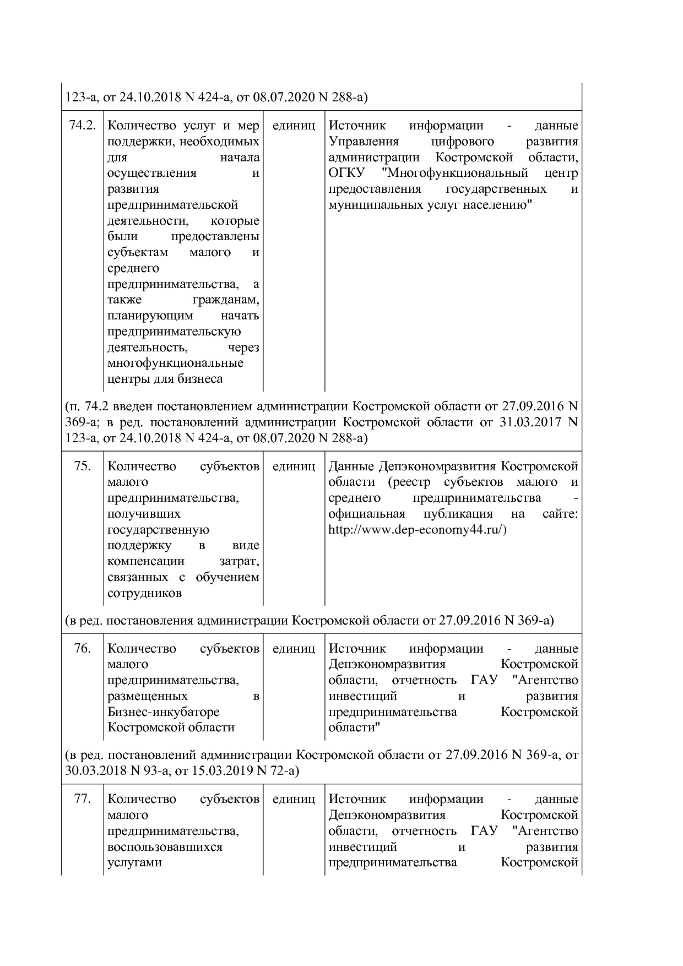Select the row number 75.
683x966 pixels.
click(x=82, y=466)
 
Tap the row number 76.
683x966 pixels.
click(x=82, y=649)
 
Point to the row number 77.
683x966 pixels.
click(x=82, y=799)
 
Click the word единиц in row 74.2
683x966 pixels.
click(x=294, y=126)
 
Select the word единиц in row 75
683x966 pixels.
click(x=294, y=466)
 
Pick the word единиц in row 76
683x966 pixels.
click(x=294, y=649)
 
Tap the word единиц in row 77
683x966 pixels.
click(x=294, y=799)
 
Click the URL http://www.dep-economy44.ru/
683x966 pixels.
click(x=417, y=530)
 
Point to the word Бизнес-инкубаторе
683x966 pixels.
click(x=163, y=712)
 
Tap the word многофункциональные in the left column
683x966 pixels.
click(x=175, y=363)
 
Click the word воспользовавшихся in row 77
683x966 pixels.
click(x=165, y=846)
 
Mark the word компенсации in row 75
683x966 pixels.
click(x=146, y=562)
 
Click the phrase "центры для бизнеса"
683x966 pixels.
click(x=165, y=379)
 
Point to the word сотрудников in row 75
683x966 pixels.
click(x=144, y=594)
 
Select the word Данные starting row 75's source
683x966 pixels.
click(x=351, y=466)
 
